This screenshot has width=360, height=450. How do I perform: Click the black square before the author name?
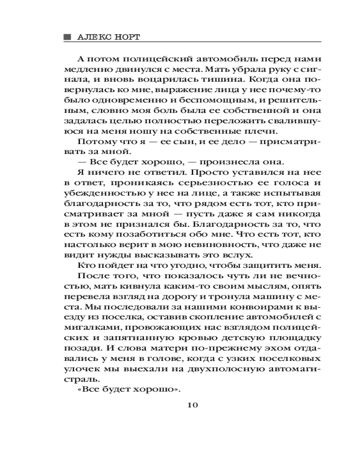[x=67, y=36]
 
